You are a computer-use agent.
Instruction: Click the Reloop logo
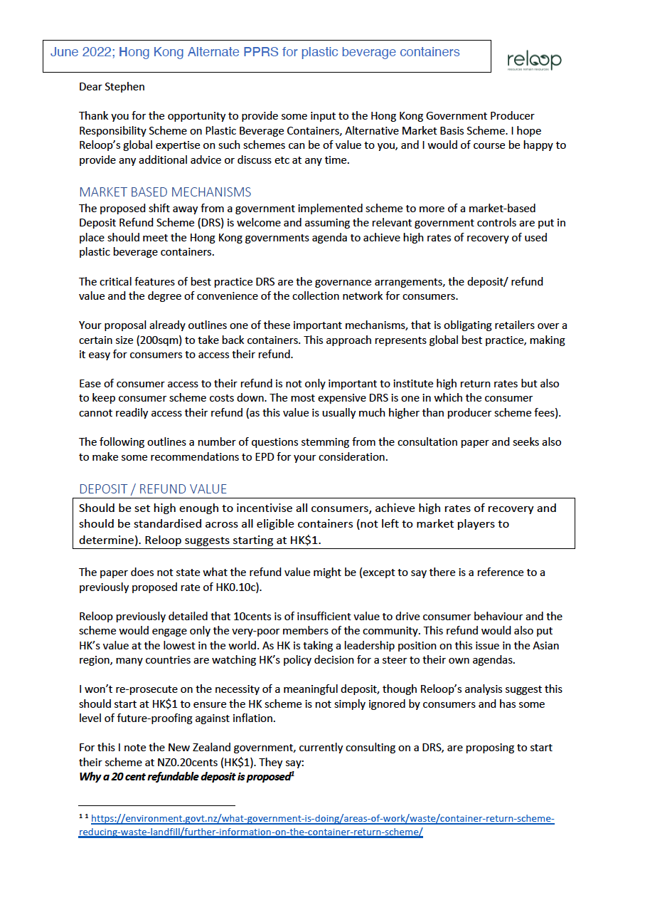click(533, 61)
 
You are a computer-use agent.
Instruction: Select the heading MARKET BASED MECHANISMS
click(165, 192)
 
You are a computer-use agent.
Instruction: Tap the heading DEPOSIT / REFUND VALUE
click(153, 489)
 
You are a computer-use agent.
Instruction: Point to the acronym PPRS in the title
click(262, 52)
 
